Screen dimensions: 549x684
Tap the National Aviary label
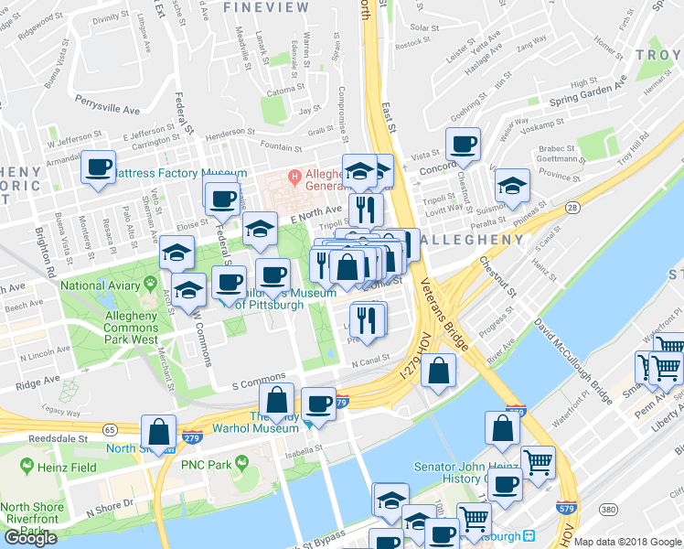pos(102,285)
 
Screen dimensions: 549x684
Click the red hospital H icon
pos(294,176)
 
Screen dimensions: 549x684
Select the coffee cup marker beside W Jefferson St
pos(99,167)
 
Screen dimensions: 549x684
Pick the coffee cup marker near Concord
pos(464,145)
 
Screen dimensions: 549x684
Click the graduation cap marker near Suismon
pos(513,185)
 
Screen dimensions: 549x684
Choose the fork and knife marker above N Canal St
pos(368,320)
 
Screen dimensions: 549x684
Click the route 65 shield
pos(109,428)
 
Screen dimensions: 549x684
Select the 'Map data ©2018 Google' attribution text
pos(627,542)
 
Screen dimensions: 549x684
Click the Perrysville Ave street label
pos(108,103)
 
